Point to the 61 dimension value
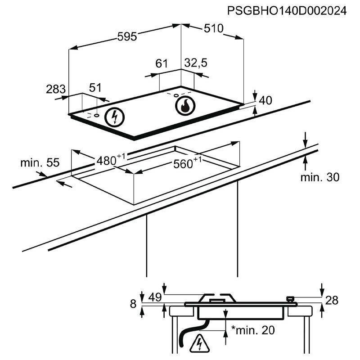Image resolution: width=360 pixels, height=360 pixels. [161, 63]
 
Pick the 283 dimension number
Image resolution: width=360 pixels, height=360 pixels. [56, 89]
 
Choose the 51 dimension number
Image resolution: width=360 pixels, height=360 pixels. [95, 88]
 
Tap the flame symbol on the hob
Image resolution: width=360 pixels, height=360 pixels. [184, 106]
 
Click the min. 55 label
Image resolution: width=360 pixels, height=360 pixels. [40, 162]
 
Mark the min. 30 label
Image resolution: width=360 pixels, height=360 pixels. [320, 177]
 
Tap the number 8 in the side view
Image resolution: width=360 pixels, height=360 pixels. [133, 304]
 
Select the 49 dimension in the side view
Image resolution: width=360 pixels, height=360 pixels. [154, 297]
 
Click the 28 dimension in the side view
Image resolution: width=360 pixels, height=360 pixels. [332, 301]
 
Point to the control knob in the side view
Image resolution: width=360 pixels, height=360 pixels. [290, 298]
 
